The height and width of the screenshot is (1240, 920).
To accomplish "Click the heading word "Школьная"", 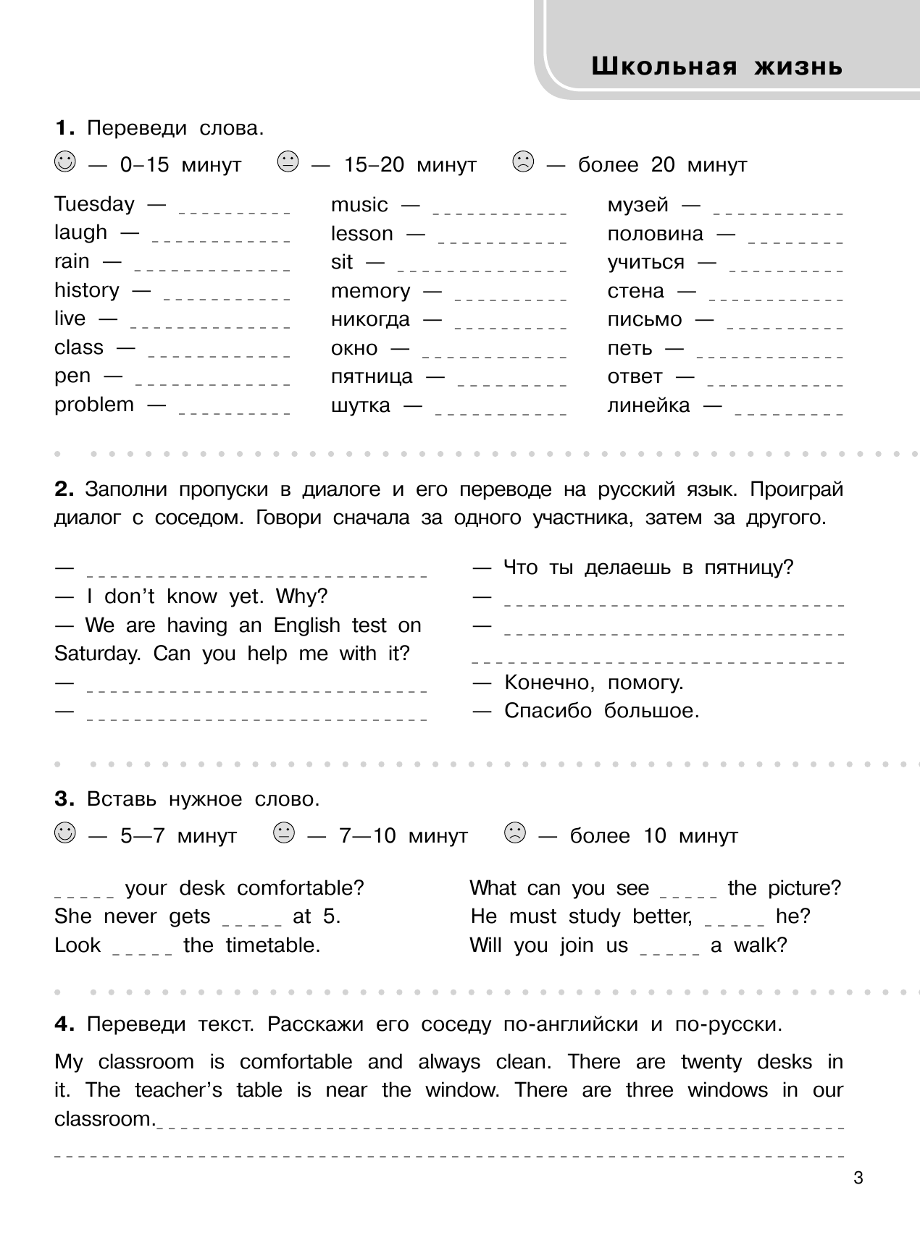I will point(664,67).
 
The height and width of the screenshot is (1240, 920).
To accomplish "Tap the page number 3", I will point(858,1178).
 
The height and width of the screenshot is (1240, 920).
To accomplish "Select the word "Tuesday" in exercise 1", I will point(94,205).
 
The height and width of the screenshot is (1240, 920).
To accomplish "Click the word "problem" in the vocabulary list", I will point(94,405).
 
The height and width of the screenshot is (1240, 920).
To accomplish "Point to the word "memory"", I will point(370,291).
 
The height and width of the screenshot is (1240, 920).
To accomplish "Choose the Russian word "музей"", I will point(637,205).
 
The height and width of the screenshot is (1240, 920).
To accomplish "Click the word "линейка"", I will point(648,405).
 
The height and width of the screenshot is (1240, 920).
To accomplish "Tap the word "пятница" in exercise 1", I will point(372,377).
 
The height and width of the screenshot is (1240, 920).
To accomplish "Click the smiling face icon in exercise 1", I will point(64,161).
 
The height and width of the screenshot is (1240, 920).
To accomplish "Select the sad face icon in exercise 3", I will point(514,832).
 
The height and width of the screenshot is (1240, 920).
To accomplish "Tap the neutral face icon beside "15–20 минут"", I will point(288,161).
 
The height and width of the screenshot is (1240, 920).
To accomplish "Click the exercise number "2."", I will point(64,490).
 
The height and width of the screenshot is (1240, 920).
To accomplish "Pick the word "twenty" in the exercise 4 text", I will point(711,1062).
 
